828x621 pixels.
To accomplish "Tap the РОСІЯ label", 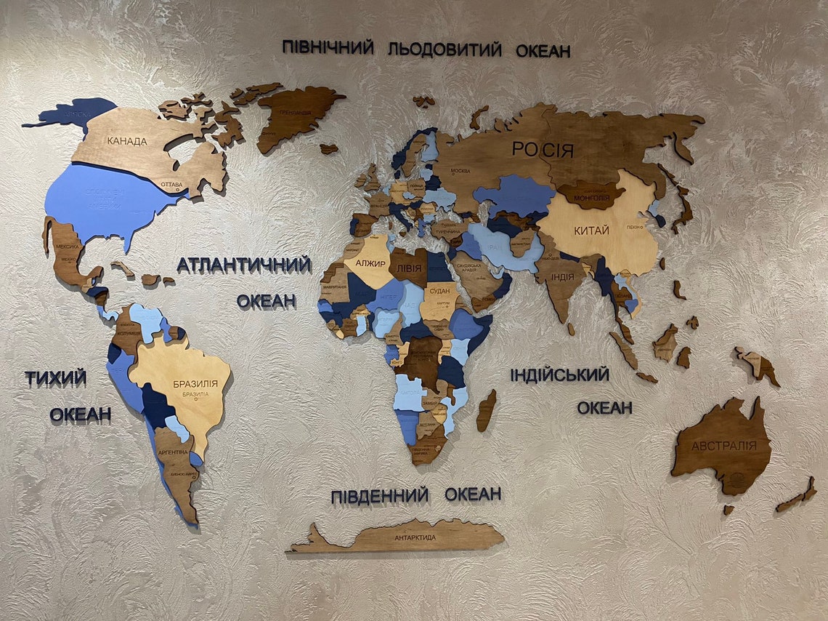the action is coord(543,151).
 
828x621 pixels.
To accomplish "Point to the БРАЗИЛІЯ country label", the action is coord(195,383).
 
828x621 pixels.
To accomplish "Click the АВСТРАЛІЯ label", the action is coord(723,446).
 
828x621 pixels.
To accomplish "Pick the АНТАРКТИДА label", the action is coord(415,537).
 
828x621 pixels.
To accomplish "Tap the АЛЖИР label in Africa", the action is coord(370,263).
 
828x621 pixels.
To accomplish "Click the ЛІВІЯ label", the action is coord(407,268).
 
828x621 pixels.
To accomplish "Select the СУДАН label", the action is coord(439,292).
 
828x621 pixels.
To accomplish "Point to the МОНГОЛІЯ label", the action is coord(591,197).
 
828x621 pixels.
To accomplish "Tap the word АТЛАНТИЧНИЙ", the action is coord(243,265).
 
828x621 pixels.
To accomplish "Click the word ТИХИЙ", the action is coord(56,378).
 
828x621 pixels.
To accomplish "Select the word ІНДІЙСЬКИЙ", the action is coord(559,375).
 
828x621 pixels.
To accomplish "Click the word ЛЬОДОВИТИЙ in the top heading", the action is coord(445,49).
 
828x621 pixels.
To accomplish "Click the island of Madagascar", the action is coord(486,411).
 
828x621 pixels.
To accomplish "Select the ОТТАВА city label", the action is coord(171,185).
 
